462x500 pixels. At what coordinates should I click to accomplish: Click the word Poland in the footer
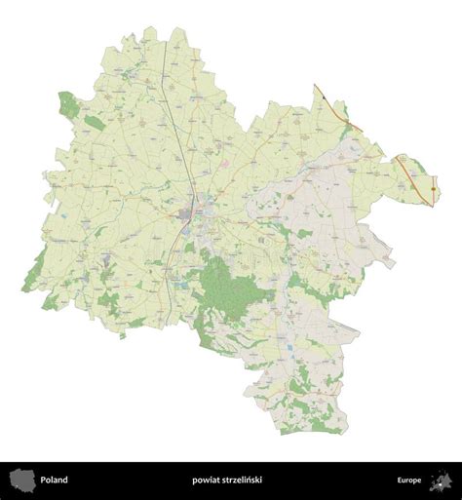(55, 480)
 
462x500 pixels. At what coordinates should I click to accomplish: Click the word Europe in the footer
(409, 480)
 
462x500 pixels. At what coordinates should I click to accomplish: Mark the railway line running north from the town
(172, 97)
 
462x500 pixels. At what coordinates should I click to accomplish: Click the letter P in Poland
(43, 480)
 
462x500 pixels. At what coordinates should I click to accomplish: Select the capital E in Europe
(397, 480)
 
